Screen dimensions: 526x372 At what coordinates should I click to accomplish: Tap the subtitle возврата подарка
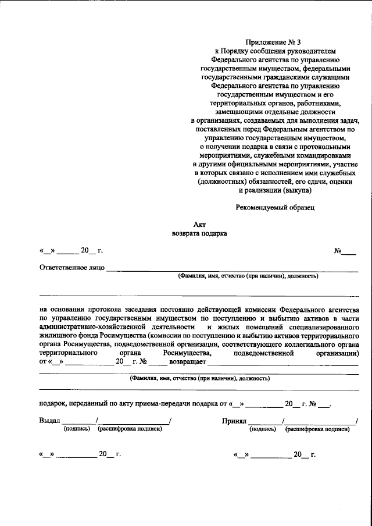[x=199, y=233]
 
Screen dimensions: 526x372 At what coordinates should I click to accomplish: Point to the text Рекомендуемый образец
[x=275, y=207]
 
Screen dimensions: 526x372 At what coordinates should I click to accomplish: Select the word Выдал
[x=49, y=420]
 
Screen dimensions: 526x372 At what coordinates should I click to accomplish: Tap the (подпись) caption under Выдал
[x=77, y=429]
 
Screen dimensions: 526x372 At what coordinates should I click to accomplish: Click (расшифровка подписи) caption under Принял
[x=317, y=429]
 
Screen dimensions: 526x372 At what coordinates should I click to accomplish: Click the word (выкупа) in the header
[x=297, y=190]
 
